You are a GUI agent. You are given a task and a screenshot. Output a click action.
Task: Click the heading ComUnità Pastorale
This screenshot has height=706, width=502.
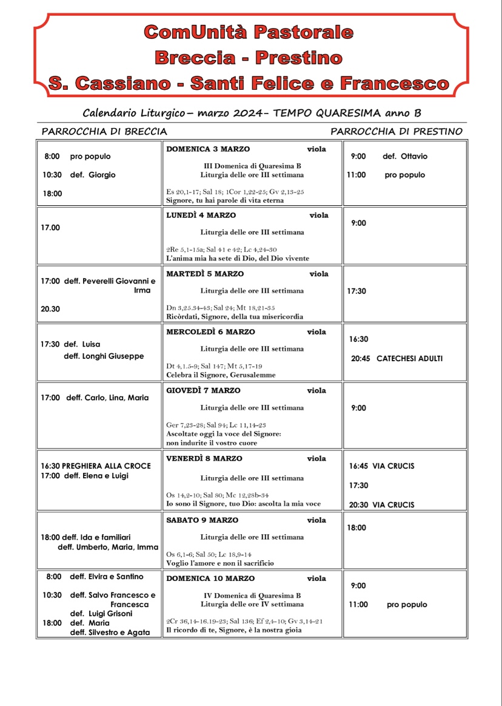(x=249, y=32)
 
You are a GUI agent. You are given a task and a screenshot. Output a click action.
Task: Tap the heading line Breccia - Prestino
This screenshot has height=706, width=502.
(x=249, y=58)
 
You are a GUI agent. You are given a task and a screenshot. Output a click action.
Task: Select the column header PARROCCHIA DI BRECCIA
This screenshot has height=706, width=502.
(x=104, y=131)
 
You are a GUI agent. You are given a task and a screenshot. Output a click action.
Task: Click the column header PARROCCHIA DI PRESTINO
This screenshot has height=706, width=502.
(x=397, y=131)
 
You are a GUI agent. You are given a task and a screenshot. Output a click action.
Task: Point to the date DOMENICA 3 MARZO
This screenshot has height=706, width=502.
(x=208, y=149)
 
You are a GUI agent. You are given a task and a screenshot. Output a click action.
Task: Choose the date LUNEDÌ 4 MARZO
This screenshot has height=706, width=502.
(x=201, y=215)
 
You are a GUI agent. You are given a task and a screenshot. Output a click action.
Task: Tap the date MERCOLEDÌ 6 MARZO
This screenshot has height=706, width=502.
(x=210, y=332)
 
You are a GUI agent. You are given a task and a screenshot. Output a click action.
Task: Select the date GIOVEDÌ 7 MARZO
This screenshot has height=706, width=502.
(x=203, y=390)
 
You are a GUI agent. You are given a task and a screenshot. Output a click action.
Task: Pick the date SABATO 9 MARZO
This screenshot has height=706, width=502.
(x=202, y=520)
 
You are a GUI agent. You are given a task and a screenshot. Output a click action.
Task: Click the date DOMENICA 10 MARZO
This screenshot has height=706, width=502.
(x=210, y=579)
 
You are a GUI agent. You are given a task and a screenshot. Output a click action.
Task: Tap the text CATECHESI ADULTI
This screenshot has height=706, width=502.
(x=409, y=359)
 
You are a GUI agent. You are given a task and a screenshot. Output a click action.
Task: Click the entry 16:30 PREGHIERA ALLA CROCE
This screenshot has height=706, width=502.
(x=96, y=466)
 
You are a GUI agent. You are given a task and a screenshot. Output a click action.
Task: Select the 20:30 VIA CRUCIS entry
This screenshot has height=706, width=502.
(x=382, y=505)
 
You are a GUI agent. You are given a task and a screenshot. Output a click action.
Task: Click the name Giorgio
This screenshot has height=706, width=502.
(x=102, y=175)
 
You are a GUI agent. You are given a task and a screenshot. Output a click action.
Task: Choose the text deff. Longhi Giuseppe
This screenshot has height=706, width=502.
(x=104, y=356)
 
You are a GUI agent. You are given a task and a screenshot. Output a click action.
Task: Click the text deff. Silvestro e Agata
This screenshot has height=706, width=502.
(x=110, y=633)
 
